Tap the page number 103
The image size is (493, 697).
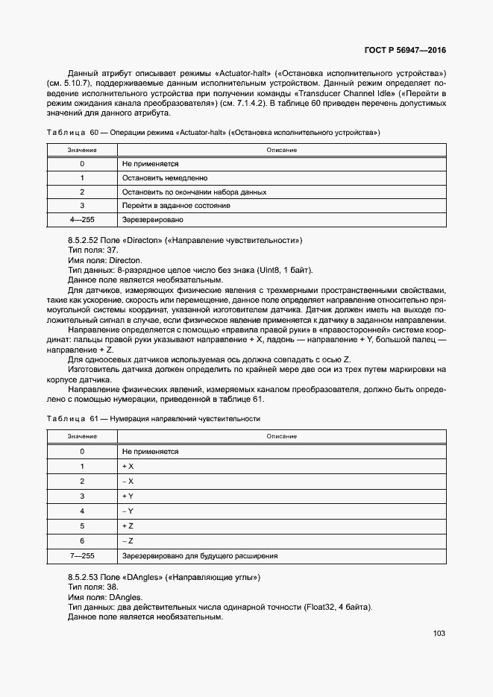pos(439,634)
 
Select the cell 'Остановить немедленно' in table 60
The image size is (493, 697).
pos(165,178)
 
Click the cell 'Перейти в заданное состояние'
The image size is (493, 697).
pos(176,205)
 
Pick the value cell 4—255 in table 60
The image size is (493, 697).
pos(82,220)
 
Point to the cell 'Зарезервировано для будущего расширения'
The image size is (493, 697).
pos(200,555)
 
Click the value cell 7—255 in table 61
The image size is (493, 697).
pos(82,555)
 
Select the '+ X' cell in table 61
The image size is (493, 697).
pos(128,466)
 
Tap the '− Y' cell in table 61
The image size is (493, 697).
pos(128,511)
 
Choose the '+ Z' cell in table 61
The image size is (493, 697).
pos(128,526)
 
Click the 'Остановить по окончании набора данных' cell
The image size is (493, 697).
pos(194,192)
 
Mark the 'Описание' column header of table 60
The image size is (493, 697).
pos(282,150)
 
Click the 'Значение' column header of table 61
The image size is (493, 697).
pos(82,436)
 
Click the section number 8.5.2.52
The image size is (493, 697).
pos(88,240)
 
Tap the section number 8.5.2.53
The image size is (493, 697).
pos(88,578)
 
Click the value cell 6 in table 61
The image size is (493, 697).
pos(82,540)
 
